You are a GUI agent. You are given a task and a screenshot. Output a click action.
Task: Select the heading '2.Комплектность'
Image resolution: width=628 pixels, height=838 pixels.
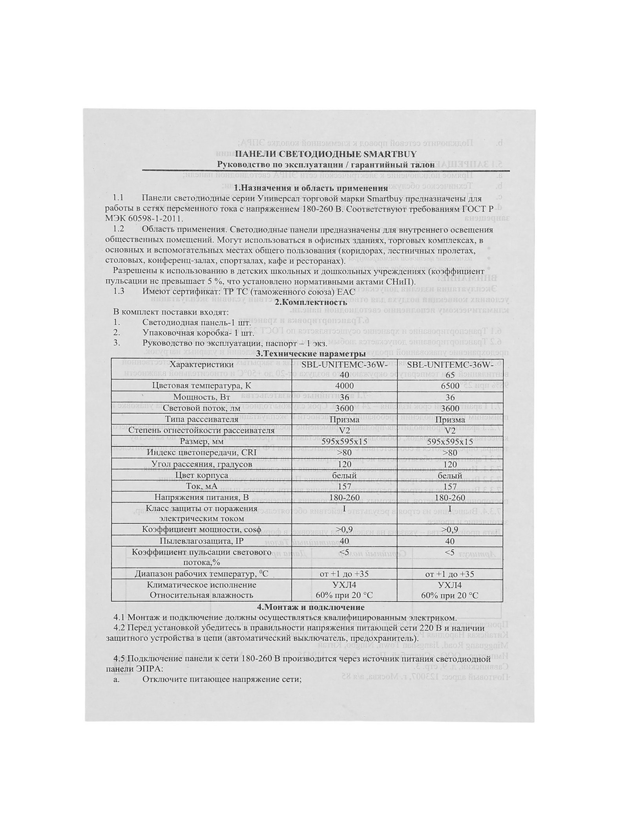click(310, 303)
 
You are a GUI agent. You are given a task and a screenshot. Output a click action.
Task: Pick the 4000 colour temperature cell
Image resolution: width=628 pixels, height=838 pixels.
click(345, 386)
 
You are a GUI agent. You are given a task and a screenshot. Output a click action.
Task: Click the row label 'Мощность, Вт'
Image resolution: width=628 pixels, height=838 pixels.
click(201, 397)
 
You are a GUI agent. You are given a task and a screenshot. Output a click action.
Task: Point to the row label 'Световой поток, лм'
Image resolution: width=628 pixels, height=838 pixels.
click(201, 408)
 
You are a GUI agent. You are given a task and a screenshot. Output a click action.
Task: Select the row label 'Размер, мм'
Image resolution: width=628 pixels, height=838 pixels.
click(201, 442)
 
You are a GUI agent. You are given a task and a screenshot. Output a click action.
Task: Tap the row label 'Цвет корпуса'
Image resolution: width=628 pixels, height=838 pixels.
click(201, 475)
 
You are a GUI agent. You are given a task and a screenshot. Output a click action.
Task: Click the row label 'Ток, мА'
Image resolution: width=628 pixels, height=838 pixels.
click(201, 487)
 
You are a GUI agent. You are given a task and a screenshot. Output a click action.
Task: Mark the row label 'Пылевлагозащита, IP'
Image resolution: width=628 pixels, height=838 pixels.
click(201, 541)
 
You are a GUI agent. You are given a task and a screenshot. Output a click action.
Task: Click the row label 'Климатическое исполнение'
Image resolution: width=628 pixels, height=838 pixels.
click(201, 585)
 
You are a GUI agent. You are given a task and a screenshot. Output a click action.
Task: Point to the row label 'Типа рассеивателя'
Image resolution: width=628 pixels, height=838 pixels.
click(201, 419)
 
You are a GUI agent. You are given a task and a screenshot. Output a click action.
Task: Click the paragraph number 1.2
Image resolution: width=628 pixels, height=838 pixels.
click(119, 229)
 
